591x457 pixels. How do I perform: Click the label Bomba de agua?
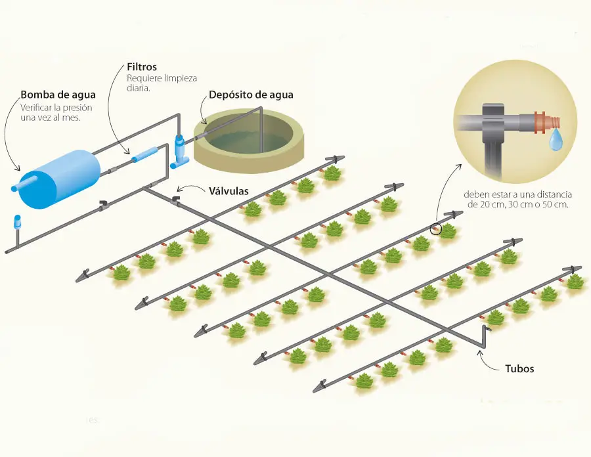click(54, 95)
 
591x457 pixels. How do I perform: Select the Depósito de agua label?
click(251, 95)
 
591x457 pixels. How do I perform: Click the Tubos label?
click(519, 369)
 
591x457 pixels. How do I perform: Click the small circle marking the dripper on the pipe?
click(435, 229)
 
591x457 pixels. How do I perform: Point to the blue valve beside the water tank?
click(180, 149)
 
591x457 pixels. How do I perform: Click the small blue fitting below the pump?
click(18, 221)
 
